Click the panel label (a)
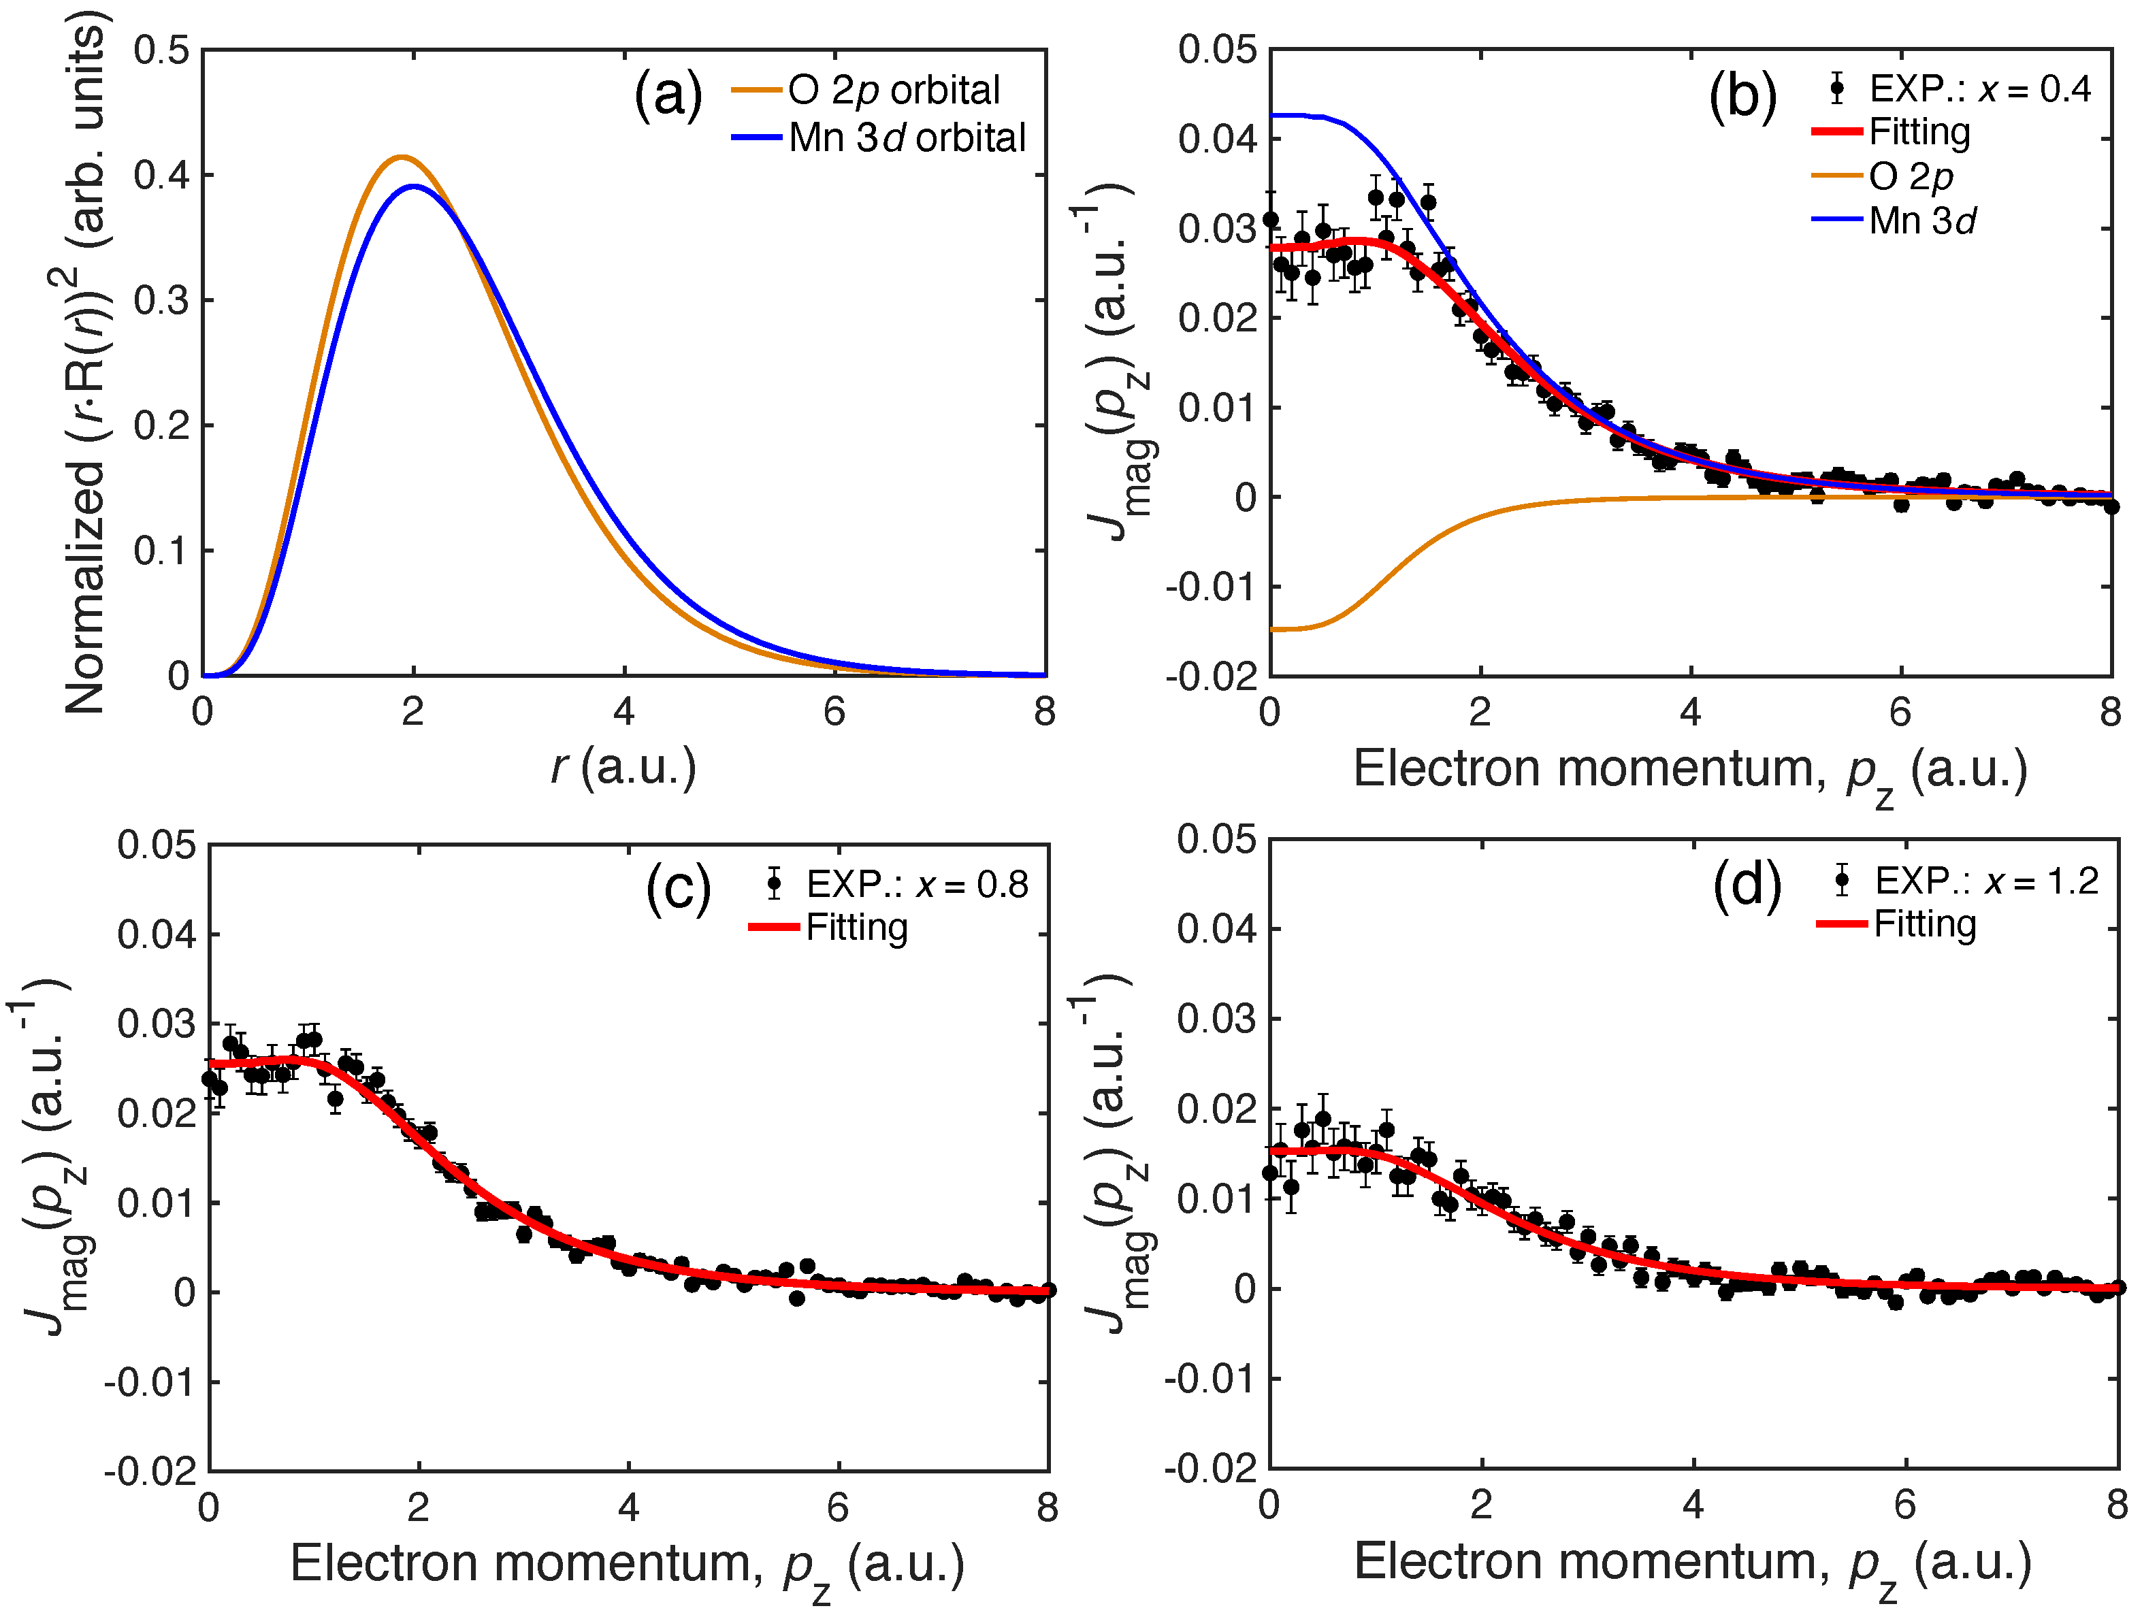[x=667, y=96]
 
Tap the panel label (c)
[x=678, y=888]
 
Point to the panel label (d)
[x=1747, y=885]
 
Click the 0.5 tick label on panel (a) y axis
[x=162, y=50]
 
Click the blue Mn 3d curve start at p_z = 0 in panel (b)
[x=1272, y=115]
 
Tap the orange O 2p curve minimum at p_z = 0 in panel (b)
[x=1272, y=630]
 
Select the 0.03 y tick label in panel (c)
[x=156, y=1024]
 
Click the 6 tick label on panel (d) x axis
[x=1904, y=1505]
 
